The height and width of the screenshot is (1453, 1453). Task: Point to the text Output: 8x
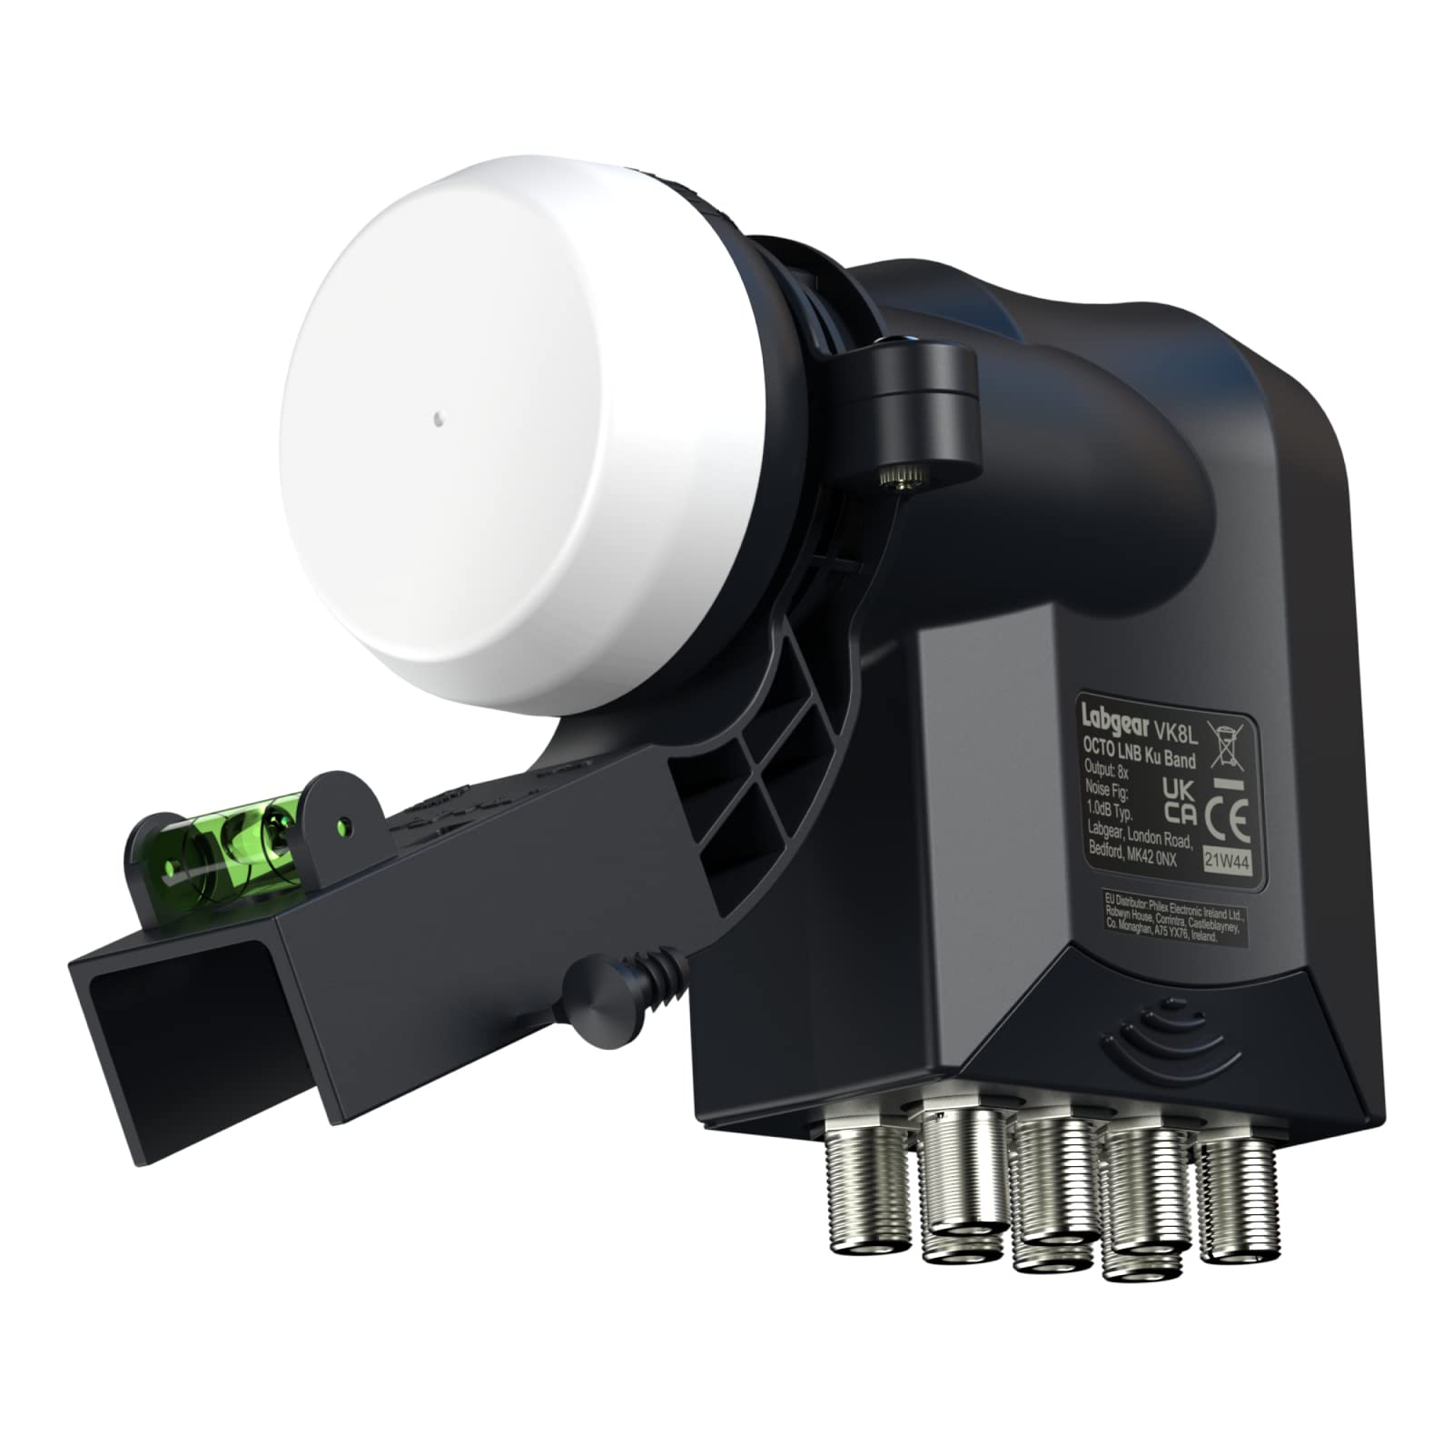tap(1107, 771)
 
